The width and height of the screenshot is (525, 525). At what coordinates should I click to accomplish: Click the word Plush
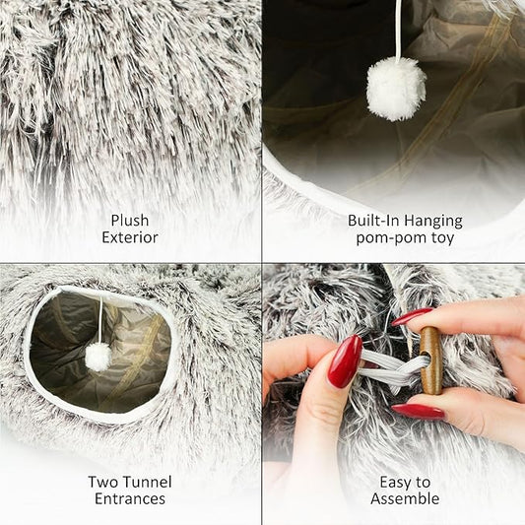click(130, 220)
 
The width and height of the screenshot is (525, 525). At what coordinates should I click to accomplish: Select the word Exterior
click(130, 237)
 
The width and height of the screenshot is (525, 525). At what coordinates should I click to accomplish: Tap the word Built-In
click(372, 220)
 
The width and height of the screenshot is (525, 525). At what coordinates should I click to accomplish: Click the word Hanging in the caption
click(432, 220)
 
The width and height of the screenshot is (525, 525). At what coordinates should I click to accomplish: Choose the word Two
click(105, 482)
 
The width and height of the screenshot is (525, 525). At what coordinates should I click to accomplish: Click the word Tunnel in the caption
click(148, 482)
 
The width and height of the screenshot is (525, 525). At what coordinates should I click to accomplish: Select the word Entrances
click(130, 499)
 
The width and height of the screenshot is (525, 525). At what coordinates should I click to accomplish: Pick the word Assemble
click(405, 499)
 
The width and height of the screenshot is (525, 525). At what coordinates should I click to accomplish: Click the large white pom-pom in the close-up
click(396, 89)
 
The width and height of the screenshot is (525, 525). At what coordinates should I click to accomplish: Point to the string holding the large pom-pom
click(398, 30)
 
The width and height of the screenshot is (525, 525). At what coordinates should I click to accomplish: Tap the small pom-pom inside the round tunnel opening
click(98, 358)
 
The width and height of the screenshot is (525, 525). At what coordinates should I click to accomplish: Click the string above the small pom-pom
click(99, 320)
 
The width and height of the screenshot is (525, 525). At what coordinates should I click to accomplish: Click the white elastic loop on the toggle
click(389, 367)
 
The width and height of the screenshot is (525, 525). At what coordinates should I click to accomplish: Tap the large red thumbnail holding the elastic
click(345, 361)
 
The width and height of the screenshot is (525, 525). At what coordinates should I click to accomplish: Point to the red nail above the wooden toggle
click(413, 316)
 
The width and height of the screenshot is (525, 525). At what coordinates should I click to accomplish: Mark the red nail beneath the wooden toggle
click(418, 411)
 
